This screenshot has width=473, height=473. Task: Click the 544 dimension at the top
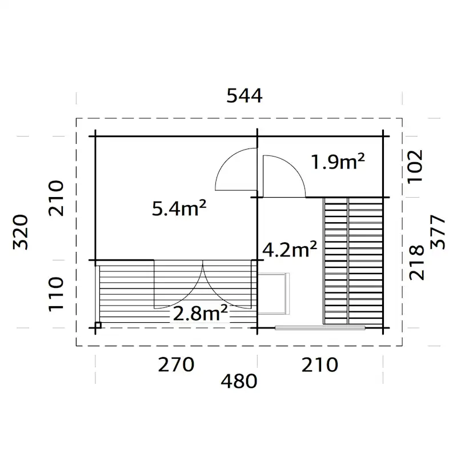[x=244, y=96]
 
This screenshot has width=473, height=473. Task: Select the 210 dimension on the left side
[x=55, y=198]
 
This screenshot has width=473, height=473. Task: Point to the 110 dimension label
[x=55, y=294]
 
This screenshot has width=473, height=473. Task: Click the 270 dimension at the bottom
[x=176, y=364]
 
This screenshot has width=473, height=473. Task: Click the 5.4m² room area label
[x=179, y=209]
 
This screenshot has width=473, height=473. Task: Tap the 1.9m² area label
[x=338, y=162]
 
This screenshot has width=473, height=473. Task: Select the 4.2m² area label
[x=290, y=249]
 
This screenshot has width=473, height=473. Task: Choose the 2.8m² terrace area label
[x=200, y=312]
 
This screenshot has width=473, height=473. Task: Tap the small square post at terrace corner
[x=98, y=326]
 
